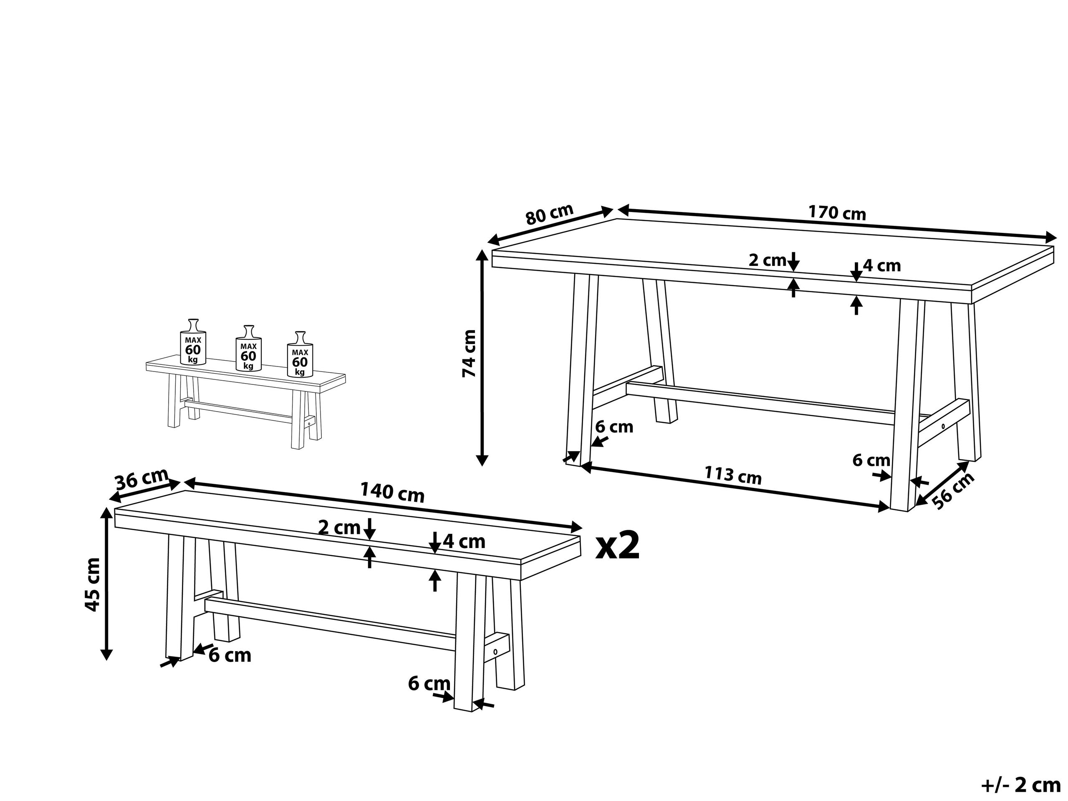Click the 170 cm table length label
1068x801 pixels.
pos(837,213)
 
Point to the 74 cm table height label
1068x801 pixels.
pos(469,354)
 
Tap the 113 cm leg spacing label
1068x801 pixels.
pos(733,475)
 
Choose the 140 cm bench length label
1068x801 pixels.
pos(392,493)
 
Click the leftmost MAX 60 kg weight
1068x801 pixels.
pos(193,342)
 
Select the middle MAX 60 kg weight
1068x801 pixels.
pos(248,348)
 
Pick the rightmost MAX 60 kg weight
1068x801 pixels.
pos(300,354)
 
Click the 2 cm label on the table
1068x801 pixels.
pos(767,260)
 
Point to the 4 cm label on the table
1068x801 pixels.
pos(882,265)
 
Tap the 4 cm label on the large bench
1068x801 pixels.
pos(464,542)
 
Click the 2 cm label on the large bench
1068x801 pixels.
pos(339,527)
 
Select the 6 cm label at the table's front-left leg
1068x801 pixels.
pos(614,427)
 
